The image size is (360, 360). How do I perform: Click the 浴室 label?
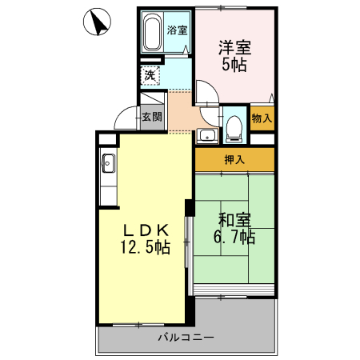pyautogui.click(x=178, y=31)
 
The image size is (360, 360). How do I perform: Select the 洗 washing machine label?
pyautogui.click(x=149, y=75)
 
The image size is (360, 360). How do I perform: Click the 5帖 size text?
pyautogui.click(x=234, y=66)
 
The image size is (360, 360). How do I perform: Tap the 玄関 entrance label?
pyautogui.click(x=152, y=116)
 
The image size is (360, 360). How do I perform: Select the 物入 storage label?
pyautogui.click(x=262, y=118)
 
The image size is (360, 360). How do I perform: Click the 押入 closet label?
pyautogui.click(x=234, y=160)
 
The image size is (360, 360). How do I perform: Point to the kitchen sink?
pyautogui.click(x=109, y=166)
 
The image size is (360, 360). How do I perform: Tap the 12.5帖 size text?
pyautogui.click(x=145, y=247)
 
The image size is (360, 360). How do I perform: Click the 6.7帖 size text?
pyautogui.click(x=234, y=238)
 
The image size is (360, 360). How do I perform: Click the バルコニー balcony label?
pyautogui.click(x=185, y=338)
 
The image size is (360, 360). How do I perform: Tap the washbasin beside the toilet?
pyautogui.click(x=206, y=134)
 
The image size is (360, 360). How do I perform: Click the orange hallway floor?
pyautogui.click(x=180, y=116)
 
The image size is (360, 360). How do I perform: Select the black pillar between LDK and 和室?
pyautogui.click(x=189, y=206)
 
